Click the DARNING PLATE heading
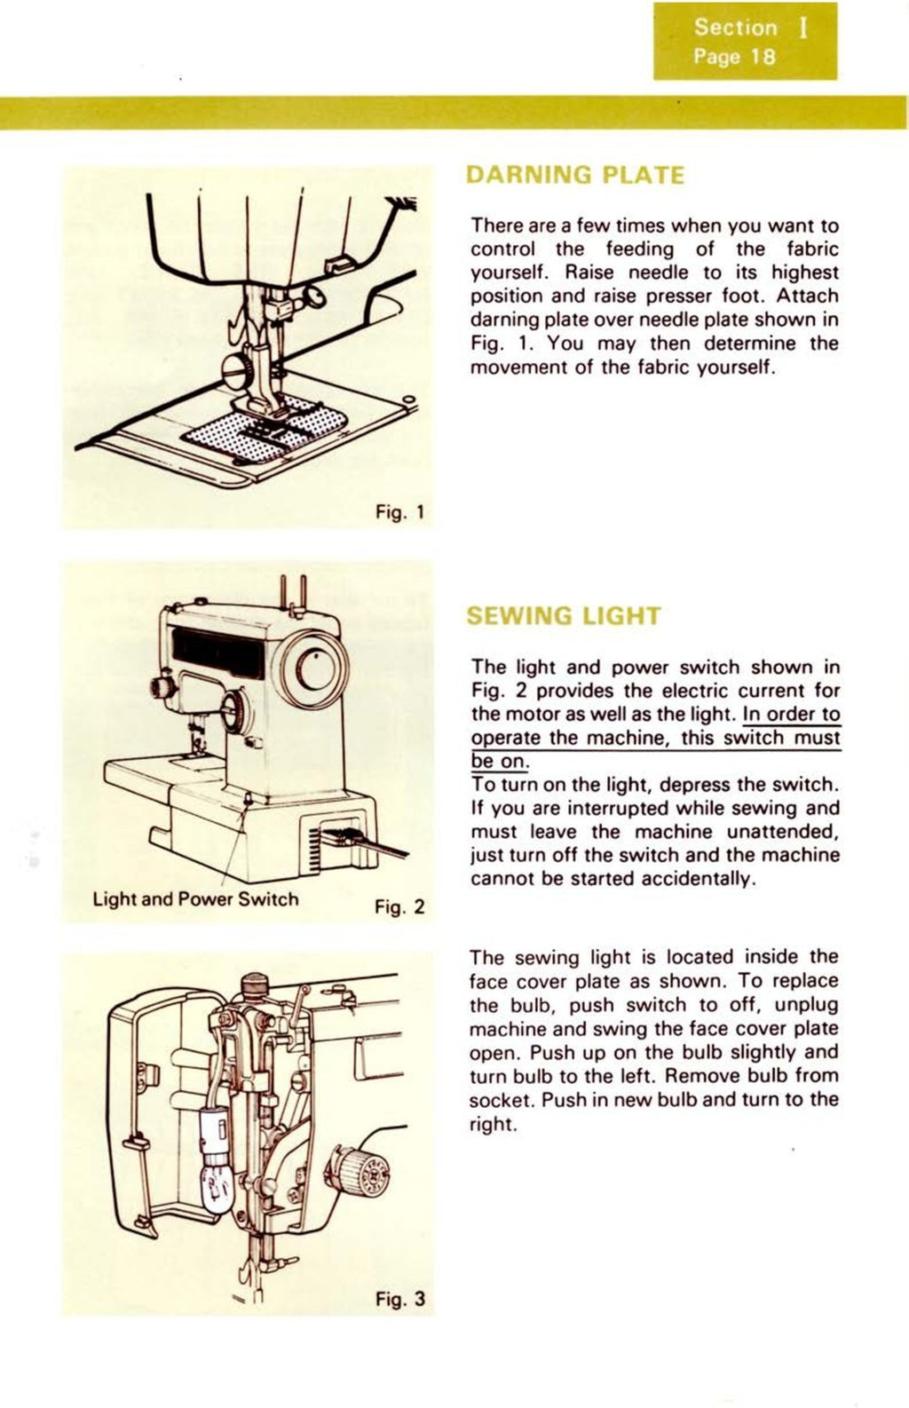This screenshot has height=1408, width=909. click(574, 175)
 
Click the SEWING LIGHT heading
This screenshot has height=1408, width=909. click(564, 616)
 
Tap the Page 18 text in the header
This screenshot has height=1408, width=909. click(735, 58)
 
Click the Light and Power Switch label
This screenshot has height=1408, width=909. click(195, 898)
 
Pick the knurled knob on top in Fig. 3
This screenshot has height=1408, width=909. click(256, 984)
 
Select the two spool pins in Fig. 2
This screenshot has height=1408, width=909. click(294, 590)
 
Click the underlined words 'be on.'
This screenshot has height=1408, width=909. click(499, 762)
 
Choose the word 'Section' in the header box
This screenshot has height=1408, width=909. click(735, 28)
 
